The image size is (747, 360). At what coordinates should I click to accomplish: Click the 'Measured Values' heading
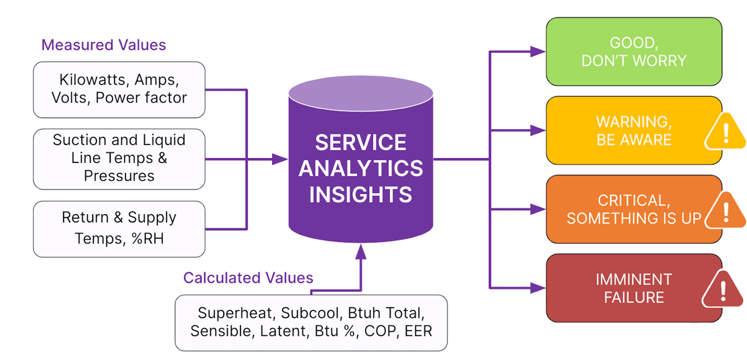[104, 45]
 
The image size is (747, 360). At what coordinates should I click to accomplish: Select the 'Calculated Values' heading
[248, 278]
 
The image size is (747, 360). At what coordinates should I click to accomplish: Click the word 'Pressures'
[119, 176]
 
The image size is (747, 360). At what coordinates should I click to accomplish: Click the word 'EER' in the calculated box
[419, 331]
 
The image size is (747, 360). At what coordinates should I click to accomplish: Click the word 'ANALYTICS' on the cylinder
[360, 168]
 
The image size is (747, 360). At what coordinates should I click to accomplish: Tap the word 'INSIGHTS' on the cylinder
[360, 194]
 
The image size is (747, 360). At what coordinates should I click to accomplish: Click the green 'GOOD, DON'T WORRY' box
[634, 52]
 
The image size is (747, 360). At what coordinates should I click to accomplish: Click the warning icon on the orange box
[725, 210]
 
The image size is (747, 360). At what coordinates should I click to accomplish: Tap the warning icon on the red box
[722, 289]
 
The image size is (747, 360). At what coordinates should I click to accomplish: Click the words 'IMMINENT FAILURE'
[634, 288]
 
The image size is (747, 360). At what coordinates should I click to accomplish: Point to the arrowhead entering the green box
[538, 52]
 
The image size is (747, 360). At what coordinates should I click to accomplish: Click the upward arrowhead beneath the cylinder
[360, 250]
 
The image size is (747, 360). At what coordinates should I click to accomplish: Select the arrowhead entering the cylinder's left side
[280, 159]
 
